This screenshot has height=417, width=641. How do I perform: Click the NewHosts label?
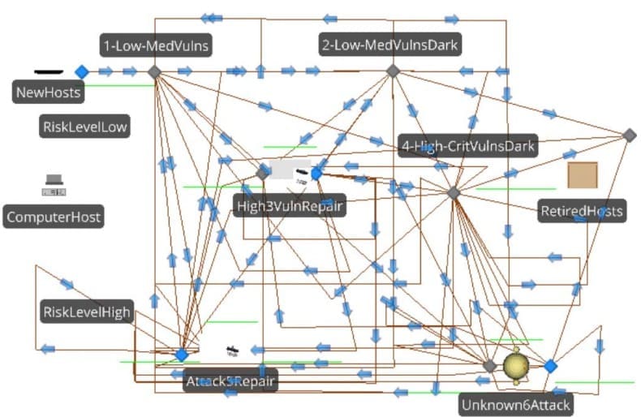click(49, 92)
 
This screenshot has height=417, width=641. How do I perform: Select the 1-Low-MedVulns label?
click(156, 46)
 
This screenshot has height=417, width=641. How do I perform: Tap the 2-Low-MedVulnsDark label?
click(390, 46)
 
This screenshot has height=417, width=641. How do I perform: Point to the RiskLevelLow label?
click(85, 126)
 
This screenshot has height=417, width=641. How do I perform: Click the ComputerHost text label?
click(54, 217)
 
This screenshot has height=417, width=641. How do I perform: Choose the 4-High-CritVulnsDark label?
click(468, 146)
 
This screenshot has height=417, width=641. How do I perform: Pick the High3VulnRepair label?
click(290, 206)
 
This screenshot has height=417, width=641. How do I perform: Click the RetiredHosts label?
click(582, 212)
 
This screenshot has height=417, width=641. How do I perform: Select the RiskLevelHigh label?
click(86, 312)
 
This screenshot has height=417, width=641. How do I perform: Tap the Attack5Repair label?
click(230, 380)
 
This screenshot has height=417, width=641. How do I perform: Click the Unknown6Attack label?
click(515, 403)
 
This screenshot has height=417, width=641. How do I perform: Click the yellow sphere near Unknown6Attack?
click(517, 366)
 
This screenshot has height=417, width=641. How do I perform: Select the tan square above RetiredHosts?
click(582, 175)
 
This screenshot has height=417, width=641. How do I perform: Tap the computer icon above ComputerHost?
click(54, 186)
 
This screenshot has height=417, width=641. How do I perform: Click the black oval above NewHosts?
click(50, 71)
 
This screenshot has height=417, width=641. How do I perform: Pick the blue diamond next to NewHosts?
click(81, 72)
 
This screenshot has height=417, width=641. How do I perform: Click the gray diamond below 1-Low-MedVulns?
click(154, 71)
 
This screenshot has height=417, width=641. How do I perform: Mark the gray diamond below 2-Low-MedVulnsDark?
click(393, 71)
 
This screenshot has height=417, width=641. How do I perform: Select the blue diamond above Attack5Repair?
click(182, 355)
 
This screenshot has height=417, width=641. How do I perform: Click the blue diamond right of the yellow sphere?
click(550, 367)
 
